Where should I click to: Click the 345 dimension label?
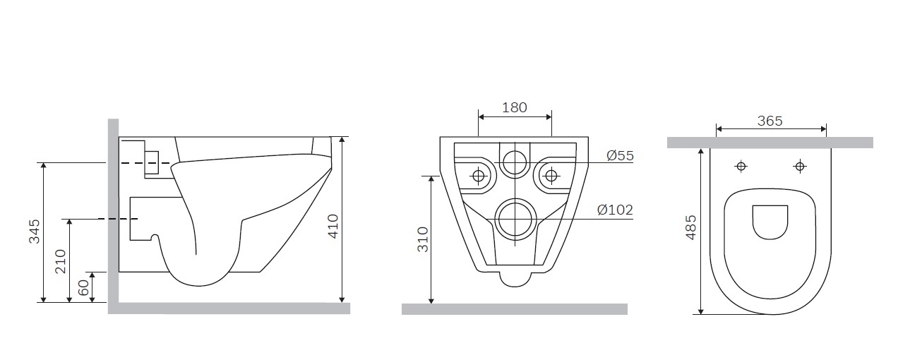35,232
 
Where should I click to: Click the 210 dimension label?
60,262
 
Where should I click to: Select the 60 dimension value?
83,288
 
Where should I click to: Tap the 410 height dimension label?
333,227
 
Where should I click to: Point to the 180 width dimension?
515,107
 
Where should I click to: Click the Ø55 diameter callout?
621,155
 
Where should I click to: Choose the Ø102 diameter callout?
615,210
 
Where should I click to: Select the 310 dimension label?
423,239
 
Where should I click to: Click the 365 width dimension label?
770,121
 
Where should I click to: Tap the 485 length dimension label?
690,227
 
